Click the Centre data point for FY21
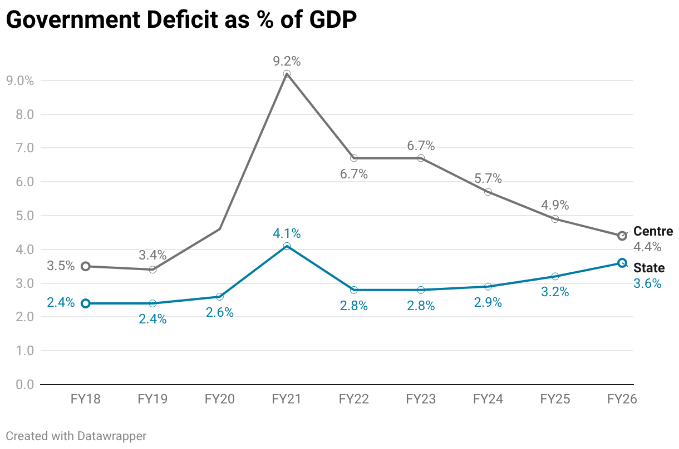click(287, 74)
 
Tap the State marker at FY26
click(622, 263)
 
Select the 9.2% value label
click(287, 61)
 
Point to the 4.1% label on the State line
click(287, 233)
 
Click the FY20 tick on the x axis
click(219, 399)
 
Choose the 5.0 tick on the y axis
click(20, 216)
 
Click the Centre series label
click(653, 232)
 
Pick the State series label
click(649, 268)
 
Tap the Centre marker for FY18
click(86, 266)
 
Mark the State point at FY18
click(86, 303)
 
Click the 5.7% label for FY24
click(488, 179)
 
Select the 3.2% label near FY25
click(555, 292)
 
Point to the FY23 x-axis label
click(421, 399)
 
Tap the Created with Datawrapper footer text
click(76, 436)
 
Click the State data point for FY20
click(220, 297)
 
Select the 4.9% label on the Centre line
click(555, 205)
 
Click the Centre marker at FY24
click(488, 192)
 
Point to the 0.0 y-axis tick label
click(20, 385)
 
